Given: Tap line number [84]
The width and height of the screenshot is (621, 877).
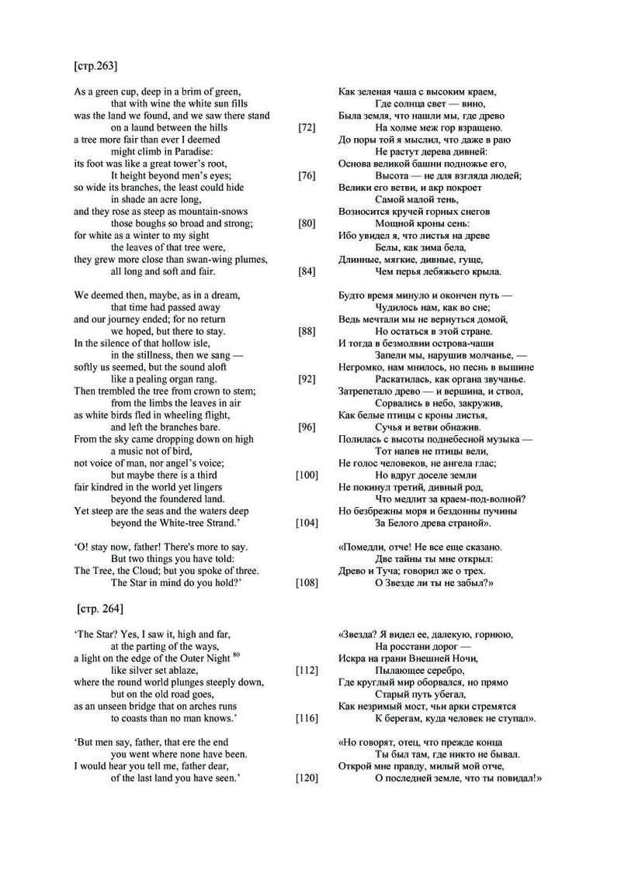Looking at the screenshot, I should (307, 272).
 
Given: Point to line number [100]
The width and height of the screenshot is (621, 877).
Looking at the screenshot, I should (307, 475).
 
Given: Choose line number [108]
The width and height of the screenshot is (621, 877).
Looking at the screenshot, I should (307, 582).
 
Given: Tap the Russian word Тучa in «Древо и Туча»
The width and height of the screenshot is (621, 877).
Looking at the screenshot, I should (386, 571).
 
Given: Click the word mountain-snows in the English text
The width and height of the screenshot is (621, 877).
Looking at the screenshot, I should (228, 212).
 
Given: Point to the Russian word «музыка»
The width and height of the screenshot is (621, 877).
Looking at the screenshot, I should (504, 439).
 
